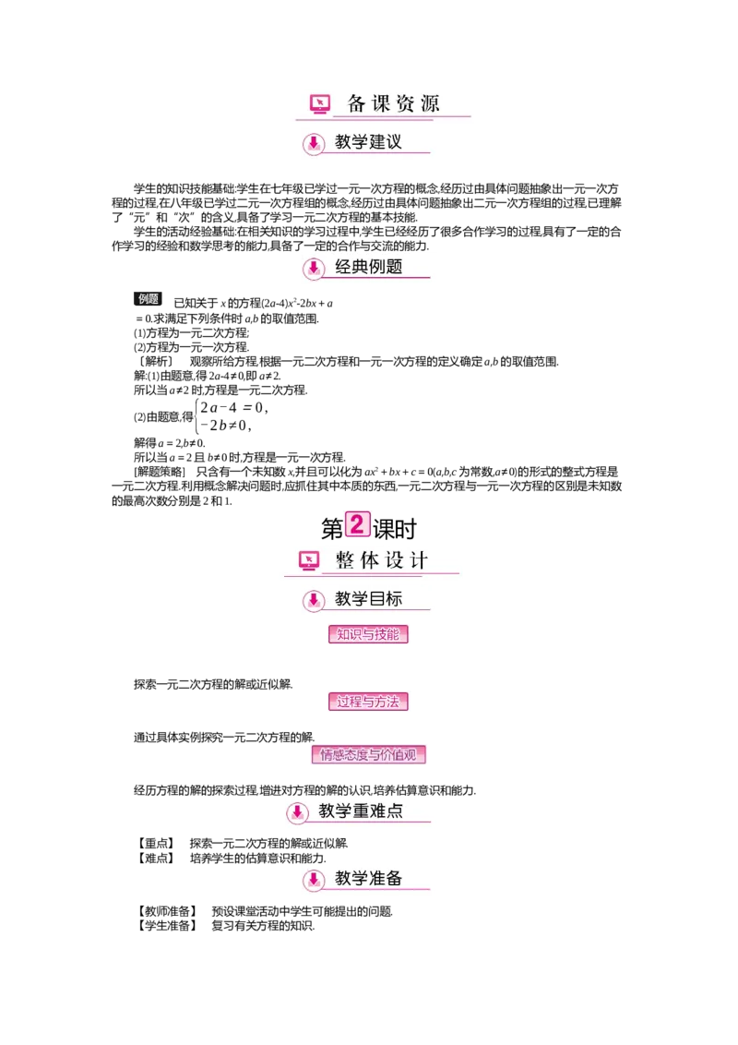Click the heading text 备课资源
(393, 104)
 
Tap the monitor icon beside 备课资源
(320, 104)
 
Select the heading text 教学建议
(368, 142)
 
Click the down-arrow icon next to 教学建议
(314, 143)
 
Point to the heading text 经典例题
(368, 268)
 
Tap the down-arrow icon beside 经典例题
(314, 269)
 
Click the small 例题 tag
(149, 299)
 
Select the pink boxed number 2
(356, 524)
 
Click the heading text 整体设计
(382, 560)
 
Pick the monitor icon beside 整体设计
(309, 560)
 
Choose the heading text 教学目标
(368, 599)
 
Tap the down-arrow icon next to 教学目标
(314, 600)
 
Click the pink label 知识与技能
(368, 635)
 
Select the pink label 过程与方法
(368, 702)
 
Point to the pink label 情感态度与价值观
(368, 755)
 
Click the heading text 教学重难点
(361, 811)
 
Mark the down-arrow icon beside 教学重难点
(297, 812)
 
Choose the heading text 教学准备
(368, 879)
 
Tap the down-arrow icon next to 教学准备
(314, 880)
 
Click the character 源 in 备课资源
(430, 104)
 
